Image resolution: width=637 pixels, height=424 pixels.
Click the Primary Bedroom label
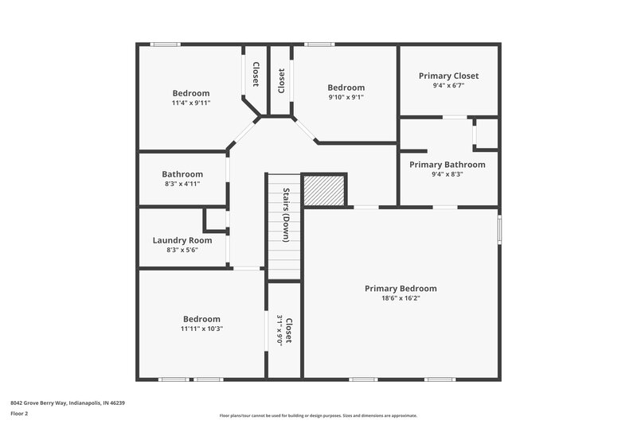(x=401, y=289)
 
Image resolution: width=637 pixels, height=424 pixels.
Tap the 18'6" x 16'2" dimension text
(x=401, y=298)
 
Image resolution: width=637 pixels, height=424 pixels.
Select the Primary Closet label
(x=448, y=76)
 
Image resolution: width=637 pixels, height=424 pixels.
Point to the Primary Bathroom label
(x=447, y=165)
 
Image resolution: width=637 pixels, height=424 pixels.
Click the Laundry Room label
(x=182, y=240)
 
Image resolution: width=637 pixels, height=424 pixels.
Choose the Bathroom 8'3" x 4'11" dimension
(x=182, y=184)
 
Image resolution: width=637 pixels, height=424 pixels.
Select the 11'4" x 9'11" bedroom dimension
(x=190, y=103)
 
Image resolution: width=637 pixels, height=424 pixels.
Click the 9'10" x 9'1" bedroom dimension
(x=346, y=98)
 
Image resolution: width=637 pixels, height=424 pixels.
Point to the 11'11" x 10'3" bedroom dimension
(x=201, y=329)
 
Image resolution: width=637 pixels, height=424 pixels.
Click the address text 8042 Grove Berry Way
(x=68, y=403)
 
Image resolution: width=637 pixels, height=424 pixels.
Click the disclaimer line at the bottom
(x=318, y=415)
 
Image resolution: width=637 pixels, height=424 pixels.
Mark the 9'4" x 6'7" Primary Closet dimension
(x=448, y=86)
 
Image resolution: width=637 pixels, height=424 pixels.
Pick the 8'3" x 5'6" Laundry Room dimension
(x=182, y=250)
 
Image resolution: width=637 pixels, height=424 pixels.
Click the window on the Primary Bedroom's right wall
(x=501, y=228)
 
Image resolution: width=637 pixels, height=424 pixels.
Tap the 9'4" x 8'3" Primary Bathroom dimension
(x=447, y=174)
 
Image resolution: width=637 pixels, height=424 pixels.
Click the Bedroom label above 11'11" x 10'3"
(x=201, y=319)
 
